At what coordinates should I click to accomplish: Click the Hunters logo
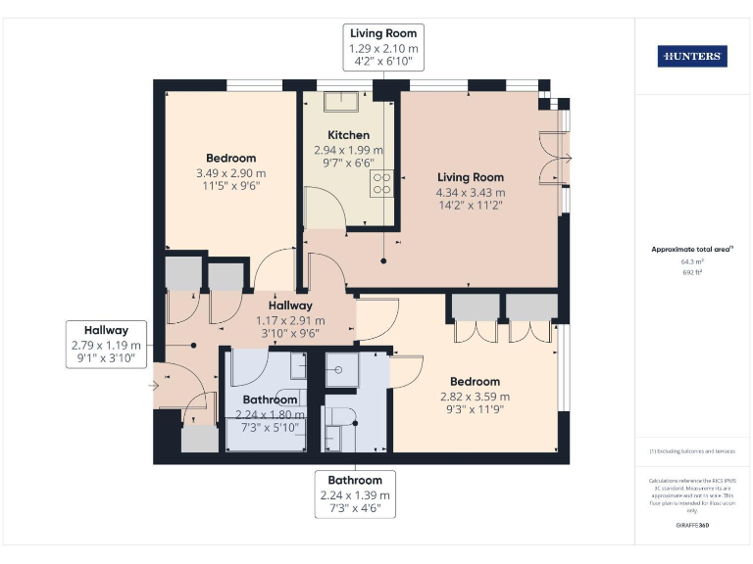click(692, 57)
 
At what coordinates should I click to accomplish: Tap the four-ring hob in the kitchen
click(380, 183)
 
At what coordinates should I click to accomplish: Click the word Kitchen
click(348, 135)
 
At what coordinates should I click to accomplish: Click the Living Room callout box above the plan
click(383, 47)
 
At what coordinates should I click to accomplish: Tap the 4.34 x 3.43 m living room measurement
click(471, 192)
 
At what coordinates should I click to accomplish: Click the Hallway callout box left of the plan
click(106, 345)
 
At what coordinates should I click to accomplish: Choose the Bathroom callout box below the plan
click(355, 494)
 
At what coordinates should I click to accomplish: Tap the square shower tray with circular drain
click(337, 369)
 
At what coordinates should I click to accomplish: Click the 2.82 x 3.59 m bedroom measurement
click(475, 397)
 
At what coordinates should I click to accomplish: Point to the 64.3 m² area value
click(692, 262)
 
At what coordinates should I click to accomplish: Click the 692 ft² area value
click(692, 273)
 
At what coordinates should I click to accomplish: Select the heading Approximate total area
click(692, 250)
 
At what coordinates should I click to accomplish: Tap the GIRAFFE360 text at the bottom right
click(692, 526)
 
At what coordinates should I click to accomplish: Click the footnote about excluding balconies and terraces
click(692, 451)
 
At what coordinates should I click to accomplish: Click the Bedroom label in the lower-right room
click(475, 382)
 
